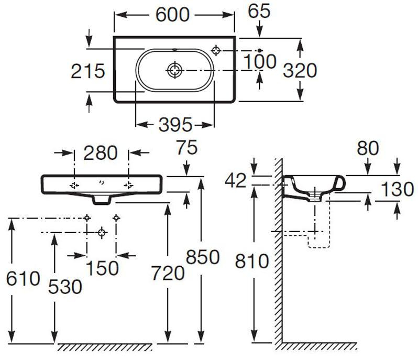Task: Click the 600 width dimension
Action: [x=172, y=15]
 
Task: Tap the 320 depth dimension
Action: [x=300, y=70]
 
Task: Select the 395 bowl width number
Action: [x=175, y=125]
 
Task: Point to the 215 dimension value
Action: [x=88, y=71]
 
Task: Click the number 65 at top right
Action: [x=259, y=11]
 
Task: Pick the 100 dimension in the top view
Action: [x=260, y=61]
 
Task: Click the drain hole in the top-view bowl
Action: [x=174, y=70]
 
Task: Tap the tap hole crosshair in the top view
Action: [x=216, y=50]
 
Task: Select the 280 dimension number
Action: [x=101, y=153]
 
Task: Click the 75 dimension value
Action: [x=186, y=147]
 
